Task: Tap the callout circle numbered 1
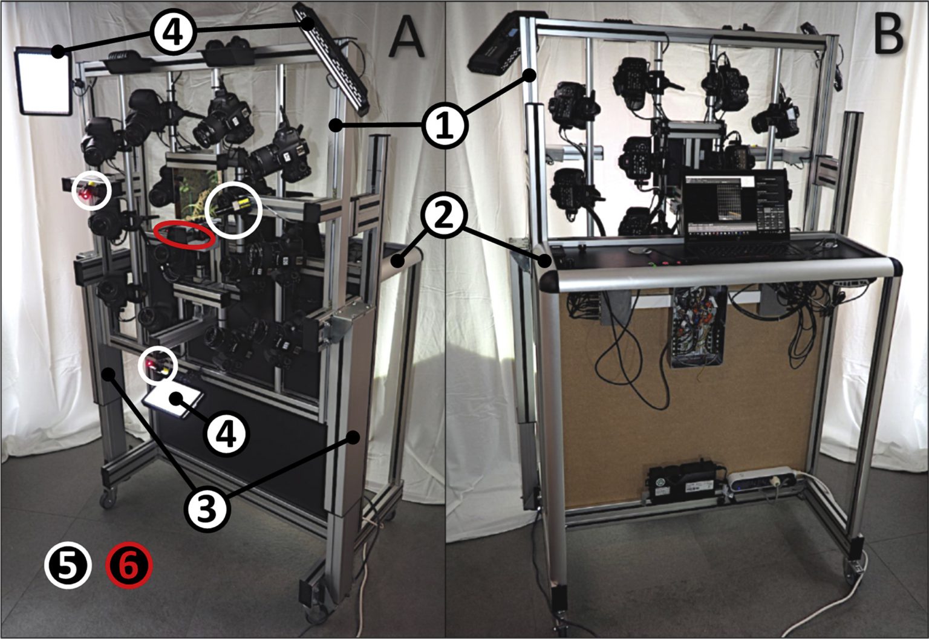(x=445, y=126)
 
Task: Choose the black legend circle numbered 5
(x=67, y=566)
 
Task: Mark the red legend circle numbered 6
(x=129, y=566)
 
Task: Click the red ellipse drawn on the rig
(x=184, y=235)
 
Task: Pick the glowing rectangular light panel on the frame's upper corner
(x=44, y=81)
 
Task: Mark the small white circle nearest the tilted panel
(x=158, y=366)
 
